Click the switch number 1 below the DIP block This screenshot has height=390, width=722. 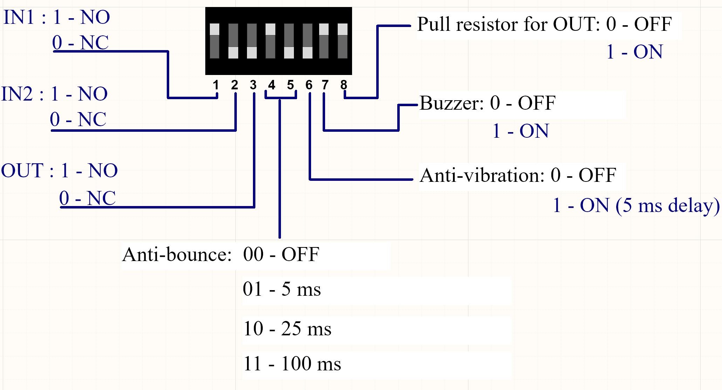point(216,85)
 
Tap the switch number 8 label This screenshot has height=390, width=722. point(344,85)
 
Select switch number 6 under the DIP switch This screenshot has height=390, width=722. point(309,85)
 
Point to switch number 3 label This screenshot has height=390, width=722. point(253,85)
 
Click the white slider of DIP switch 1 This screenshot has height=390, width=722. point(214,29)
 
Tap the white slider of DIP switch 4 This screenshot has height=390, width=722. point(270,29)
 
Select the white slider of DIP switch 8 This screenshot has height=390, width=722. point(342,29)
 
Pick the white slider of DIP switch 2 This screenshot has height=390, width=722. point(233,53)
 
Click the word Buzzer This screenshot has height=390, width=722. point(452,103)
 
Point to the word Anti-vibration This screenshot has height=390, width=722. point(482,175)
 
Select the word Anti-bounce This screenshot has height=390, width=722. point(177,254)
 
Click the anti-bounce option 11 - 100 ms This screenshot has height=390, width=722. point(292,363)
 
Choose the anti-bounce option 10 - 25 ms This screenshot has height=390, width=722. point(287,329)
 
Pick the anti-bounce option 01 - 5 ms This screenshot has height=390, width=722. point(282,289)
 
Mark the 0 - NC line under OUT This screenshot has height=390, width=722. point(87,198)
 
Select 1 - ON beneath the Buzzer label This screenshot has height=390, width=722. point(521,131)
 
